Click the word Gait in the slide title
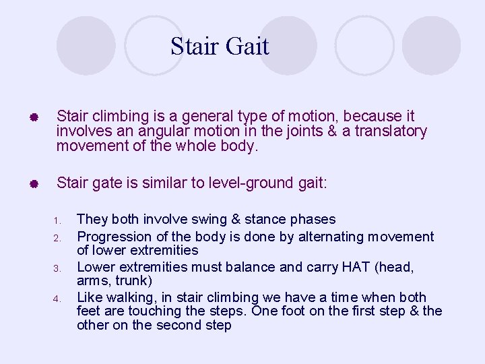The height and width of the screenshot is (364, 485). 247,47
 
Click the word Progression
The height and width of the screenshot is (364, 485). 112,237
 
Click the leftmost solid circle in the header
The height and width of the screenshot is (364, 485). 86,45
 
